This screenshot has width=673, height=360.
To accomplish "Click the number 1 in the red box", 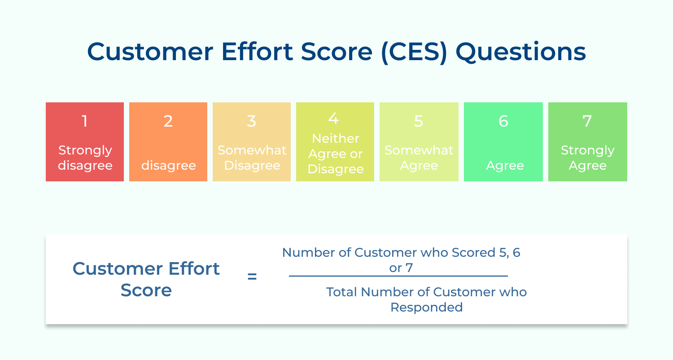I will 84,121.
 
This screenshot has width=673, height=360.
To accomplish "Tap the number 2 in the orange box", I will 168,121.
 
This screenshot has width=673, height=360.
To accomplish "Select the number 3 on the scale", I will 251,121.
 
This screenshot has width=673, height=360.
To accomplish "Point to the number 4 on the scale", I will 333,119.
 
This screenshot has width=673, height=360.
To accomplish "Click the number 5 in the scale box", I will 418,121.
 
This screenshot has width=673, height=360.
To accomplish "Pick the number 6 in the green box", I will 503,121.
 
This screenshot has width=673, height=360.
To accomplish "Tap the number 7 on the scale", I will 587,121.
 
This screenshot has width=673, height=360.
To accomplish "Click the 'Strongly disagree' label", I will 85,158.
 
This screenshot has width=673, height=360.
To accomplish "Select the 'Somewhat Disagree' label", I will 252,158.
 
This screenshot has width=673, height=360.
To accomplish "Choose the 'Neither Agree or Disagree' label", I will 335,154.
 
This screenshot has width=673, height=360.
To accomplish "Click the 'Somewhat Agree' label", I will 419,158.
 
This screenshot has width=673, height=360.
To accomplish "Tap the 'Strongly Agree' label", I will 587,158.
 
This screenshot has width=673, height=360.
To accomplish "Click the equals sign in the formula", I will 252,277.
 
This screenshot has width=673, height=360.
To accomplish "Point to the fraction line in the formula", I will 398,276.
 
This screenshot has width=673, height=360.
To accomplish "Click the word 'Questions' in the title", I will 520,53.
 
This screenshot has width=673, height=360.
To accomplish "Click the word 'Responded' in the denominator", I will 426,307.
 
